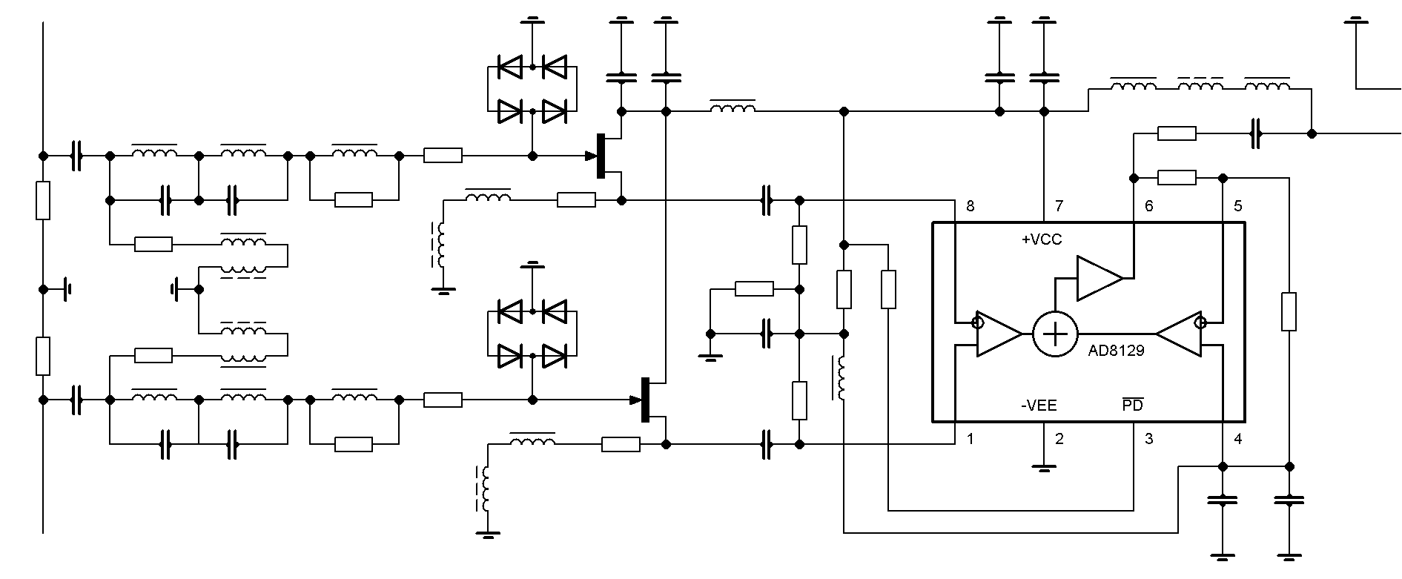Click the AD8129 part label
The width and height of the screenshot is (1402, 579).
tap(1116, 351)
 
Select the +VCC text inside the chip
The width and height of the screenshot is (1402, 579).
tap(1042, 239)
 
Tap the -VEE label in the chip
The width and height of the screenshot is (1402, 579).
tap(1039, 406)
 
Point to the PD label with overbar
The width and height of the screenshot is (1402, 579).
tap(1133, 405)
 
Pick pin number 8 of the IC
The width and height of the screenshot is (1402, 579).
tap(971, 206)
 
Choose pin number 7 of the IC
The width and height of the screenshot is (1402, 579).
tap(1059, 206)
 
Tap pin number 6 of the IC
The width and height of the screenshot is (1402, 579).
tap(1148, 206)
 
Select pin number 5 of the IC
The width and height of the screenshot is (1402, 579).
tap(1237, 206)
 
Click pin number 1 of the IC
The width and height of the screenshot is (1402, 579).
tap(971, 439)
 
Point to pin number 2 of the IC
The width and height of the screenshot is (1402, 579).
tap(1059, 439)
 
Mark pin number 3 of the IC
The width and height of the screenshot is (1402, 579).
tap(1148, 439)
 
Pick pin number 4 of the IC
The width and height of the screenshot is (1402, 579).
tap(1237, 439)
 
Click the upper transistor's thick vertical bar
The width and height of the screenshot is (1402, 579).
tap(601, 156)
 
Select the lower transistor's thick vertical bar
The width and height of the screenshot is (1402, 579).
tap(645, 400)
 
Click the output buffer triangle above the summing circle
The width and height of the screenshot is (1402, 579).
tap(1100, 278)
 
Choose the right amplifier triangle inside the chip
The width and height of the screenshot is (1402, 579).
tap(1179, 333)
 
